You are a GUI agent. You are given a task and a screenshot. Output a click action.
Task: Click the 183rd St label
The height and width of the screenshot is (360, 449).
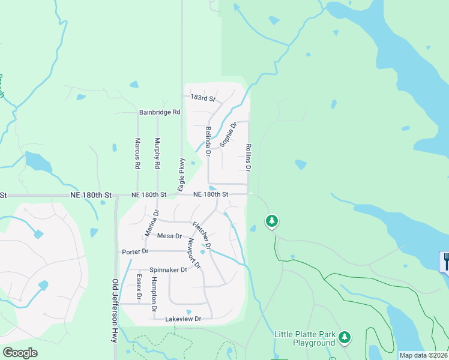click(203, 98)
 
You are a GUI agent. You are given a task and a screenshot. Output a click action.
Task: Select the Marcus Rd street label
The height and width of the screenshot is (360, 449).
click(137, 153)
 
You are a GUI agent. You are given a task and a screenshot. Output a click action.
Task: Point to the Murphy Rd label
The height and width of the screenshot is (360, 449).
click(157, 153)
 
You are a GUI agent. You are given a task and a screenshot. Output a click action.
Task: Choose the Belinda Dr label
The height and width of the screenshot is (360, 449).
click(208, 142)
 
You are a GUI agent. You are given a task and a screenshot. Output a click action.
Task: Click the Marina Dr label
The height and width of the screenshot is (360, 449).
click(151, 223)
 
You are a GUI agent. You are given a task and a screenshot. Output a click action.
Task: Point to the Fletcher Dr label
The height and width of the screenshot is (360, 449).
click(202, 235)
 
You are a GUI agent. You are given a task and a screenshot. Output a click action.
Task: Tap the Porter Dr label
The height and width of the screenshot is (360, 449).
click(135, 251)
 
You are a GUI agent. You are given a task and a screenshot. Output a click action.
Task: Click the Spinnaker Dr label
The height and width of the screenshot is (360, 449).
click(169, 270)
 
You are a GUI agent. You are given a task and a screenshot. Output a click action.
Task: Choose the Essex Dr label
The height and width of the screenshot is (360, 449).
click(139, 287)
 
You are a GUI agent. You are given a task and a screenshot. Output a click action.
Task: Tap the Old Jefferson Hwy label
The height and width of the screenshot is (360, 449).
click(115, 310)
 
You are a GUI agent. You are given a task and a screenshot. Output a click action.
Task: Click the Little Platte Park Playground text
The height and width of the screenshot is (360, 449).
click(304, 338)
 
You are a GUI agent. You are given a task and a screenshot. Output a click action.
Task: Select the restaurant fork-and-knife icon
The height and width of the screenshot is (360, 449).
click(445, 262)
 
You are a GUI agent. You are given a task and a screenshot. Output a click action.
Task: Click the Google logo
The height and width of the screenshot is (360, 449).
click(20, 353)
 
